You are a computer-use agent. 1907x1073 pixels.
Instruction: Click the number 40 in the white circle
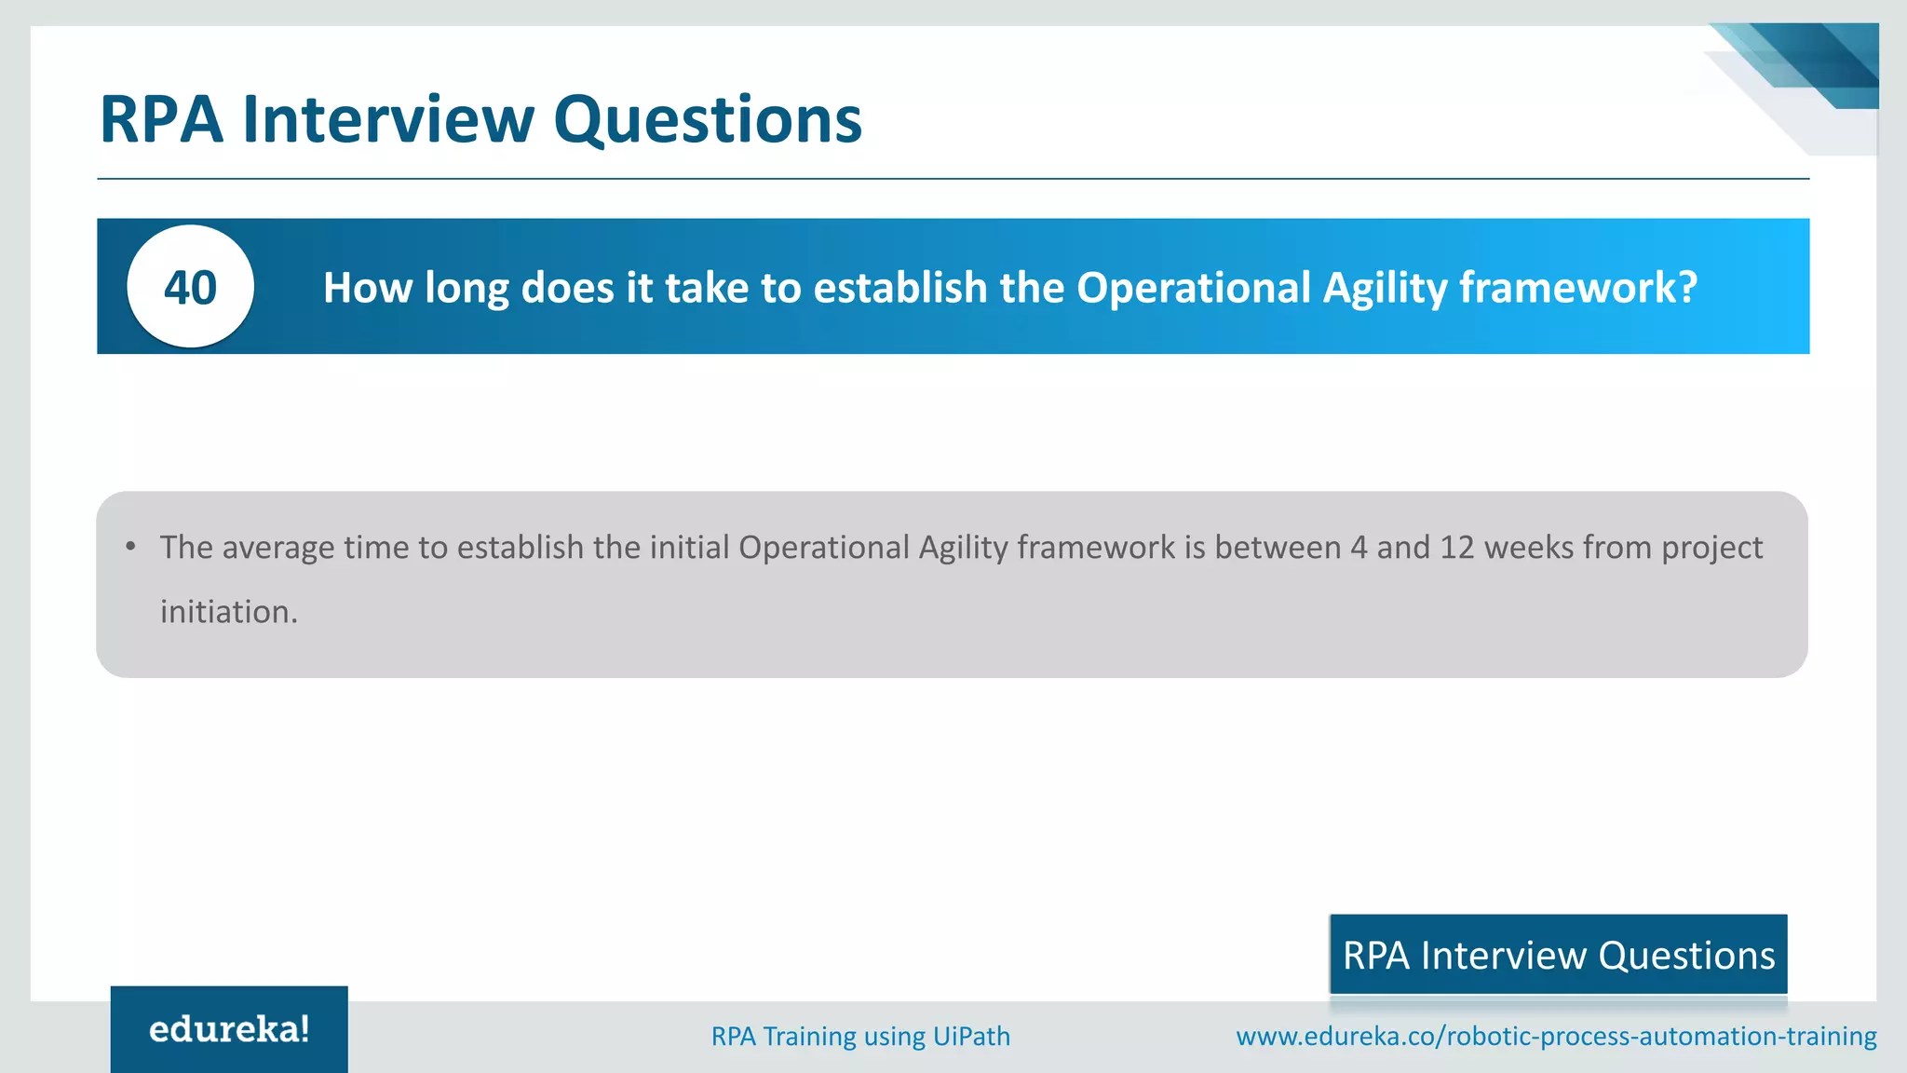click(190, 287)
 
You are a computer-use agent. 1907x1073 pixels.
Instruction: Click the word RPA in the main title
click(161, 120)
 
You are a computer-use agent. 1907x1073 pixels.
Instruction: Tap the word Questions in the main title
click(708, 120)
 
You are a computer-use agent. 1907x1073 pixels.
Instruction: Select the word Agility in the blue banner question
click(1385, 288)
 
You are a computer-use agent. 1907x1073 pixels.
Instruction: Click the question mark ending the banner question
click(1686, 287)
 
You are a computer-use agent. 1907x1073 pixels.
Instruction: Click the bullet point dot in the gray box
click(131, 546)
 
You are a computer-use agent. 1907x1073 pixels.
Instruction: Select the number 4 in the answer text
click(1359, 548)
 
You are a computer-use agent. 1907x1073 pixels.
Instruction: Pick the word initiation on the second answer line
click(228, 612)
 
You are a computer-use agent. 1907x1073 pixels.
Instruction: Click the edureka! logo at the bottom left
click(229, 1029)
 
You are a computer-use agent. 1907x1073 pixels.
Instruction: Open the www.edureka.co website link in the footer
click(1556, 1037)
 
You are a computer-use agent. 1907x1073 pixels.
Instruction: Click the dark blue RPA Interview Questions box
click(1558, 955)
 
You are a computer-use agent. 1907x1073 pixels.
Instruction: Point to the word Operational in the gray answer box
click(823, 548)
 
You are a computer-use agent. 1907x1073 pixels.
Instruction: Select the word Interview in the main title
click(388, 120)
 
